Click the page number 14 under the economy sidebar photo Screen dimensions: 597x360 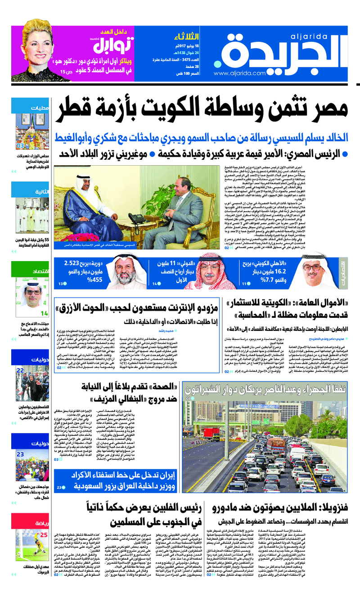[x=44, y=313]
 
